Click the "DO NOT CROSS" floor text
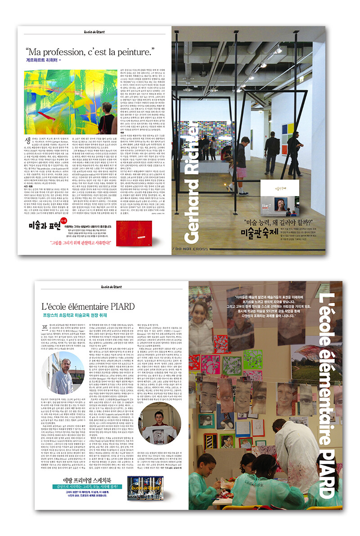click(x=211, y=249)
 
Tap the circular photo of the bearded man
click(x=62, y=373)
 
